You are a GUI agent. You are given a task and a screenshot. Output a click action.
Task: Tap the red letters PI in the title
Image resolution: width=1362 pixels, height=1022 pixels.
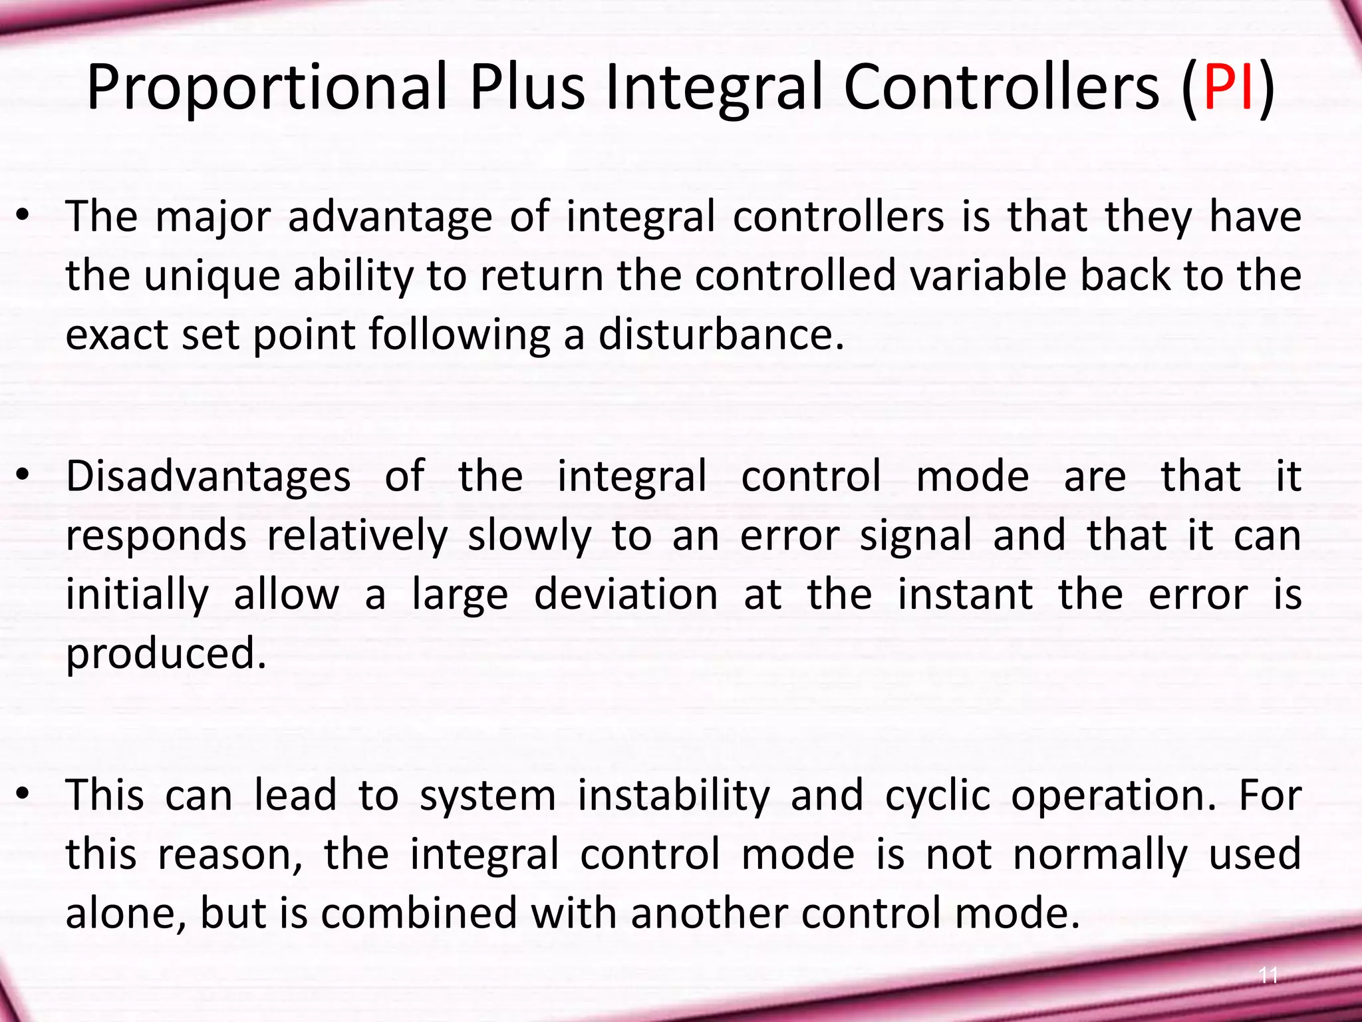click(1229, 87)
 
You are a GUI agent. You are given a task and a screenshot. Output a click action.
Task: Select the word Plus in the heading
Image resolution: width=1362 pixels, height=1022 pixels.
click(527, 87)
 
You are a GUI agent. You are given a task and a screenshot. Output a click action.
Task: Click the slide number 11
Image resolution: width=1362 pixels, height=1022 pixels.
click(1269, 975)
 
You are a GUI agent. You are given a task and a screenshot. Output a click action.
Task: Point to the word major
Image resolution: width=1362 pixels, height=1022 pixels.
click(213, 217)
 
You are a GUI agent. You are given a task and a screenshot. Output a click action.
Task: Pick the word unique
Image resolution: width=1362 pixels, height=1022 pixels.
click(212, 275)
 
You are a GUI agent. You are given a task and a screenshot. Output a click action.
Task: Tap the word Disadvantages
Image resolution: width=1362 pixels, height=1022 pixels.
click(208, 476)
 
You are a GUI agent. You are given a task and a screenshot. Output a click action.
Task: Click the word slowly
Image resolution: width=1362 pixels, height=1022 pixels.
click(529, 536)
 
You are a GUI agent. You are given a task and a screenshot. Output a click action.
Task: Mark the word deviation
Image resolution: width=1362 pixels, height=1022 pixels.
click(626, 594)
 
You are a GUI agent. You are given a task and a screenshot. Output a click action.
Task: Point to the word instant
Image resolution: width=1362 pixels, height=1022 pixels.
click(966, 594)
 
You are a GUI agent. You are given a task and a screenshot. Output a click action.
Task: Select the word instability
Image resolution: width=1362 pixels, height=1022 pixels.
click(674, 795)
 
